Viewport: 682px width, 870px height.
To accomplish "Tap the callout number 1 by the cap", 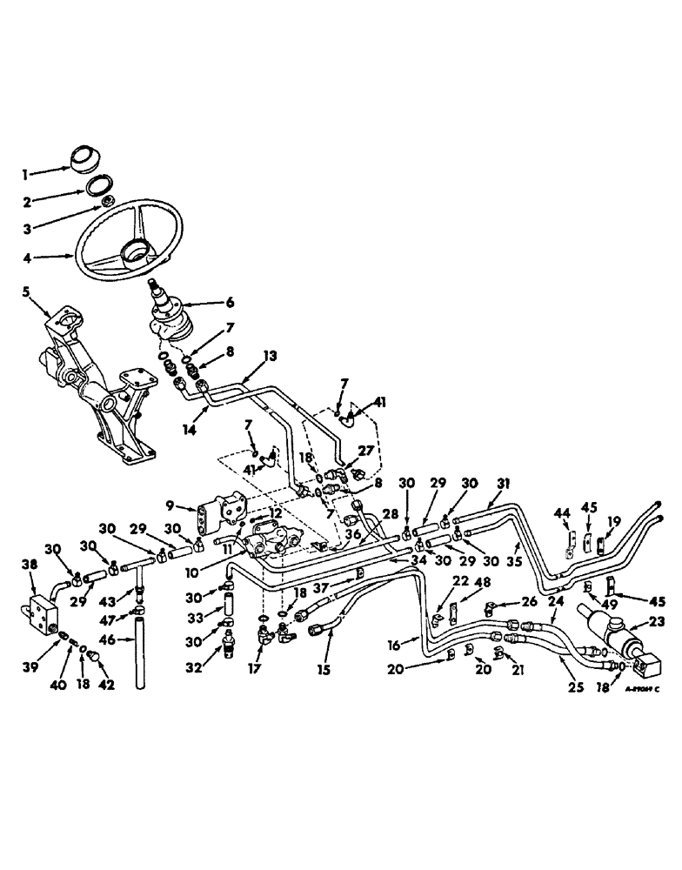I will [x=27, y=173].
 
